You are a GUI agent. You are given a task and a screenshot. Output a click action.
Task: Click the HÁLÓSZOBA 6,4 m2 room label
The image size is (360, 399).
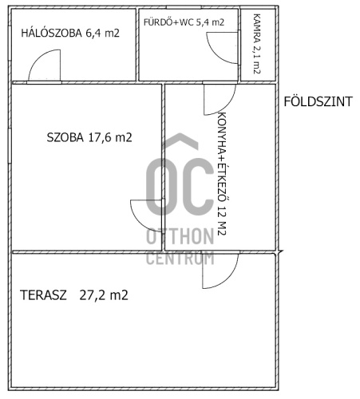[x=70, y=34]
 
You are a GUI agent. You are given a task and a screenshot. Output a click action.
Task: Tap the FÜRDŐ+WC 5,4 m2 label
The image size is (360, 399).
[x=184, y=22]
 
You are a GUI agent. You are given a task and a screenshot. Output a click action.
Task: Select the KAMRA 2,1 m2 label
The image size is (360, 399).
[x=257, y=44]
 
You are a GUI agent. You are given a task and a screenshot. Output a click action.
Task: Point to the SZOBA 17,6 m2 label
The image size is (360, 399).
[x=89, y=137]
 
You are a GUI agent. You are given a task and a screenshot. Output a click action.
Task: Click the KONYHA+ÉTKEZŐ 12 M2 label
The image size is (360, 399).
[x=222, y=174]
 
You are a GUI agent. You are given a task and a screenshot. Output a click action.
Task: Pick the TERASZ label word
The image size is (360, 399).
[x=43, y=295]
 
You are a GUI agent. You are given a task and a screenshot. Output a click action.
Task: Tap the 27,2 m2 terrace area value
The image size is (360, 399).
[x=104, y=295]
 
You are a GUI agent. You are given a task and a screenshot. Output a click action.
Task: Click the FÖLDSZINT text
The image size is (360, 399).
[x=318, y=101]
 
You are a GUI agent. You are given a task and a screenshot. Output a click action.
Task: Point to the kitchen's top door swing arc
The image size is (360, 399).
[x=227, y=106]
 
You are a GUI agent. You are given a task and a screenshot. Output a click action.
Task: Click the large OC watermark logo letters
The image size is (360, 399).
[x=180, y=187]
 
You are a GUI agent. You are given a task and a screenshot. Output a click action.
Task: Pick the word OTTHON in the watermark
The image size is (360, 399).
[x=180, y=236]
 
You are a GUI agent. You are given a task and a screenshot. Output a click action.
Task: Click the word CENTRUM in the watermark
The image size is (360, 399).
[x=180, y=258]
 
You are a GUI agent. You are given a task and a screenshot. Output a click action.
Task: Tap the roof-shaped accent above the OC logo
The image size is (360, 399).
[x=180, y=140]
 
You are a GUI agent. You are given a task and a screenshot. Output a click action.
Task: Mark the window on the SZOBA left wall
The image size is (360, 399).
[x=10, y=146]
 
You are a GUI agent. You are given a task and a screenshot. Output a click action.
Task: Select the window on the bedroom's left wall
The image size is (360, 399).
[x=10, y=43]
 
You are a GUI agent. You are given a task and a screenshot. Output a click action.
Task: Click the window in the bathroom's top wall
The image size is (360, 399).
[x=184, y=7]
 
